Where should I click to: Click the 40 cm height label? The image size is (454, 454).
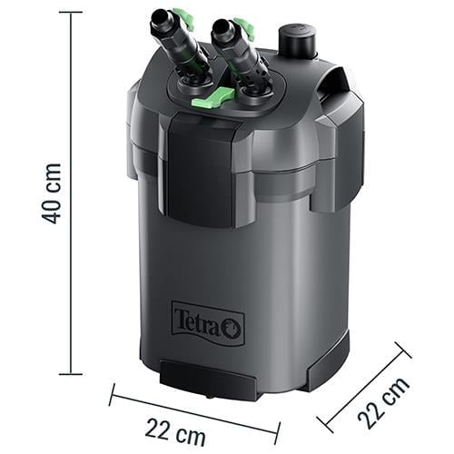(53, 193)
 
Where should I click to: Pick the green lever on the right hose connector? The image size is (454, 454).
(243, 27)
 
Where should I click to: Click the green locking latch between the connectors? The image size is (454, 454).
(208, 100)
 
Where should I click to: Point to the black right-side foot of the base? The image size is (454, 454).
(329, 362)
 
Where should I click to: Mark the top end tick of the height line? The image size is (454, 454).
(70, 13)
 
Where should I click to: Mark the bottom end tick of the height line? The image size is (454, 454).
(70, 373)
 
